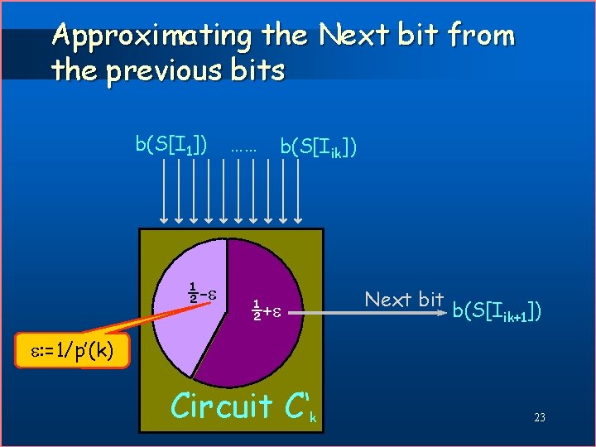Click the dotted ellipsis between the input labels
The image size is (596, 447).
(243, 150)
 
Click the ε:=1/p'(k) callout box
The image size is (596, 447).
(70, 353)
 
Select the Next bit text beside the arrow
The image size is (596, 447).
(404, 300)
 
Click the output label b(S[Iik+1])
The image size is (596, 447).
(497, 311)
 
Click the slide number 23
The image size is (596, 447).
(539, 418)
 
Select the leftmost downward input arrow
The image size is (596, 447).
(165, 190)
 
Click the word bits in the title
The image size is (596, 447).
(256, 70)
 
